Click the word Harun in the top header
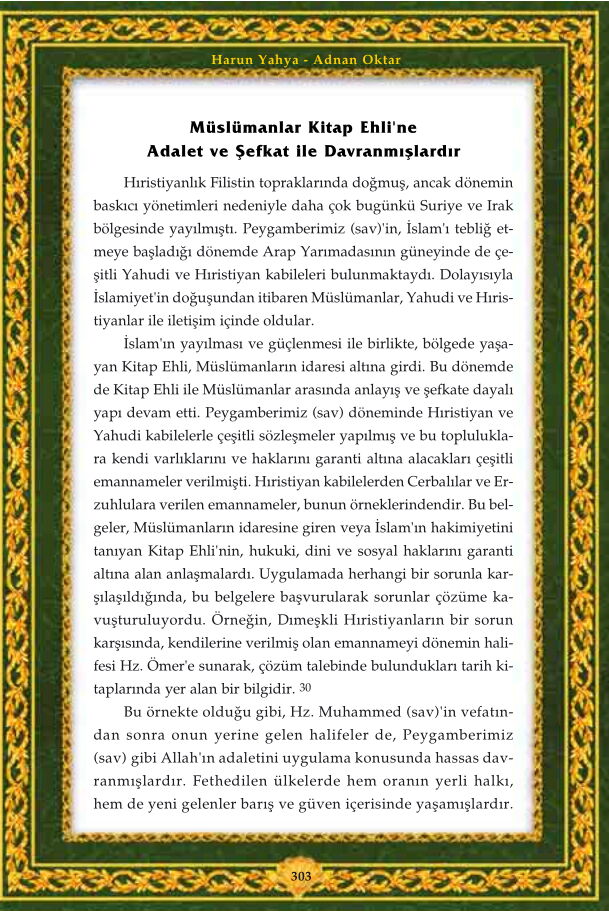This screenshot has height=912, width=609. point(230,60)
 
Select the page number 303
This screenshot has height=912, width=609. point(303,875)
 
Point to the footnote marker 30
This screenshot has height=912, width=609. point(306,688)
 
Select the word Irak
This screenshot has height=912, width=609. point(497,209)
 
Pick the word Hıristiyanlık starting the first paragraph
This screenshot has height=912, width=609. point(160,187)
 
